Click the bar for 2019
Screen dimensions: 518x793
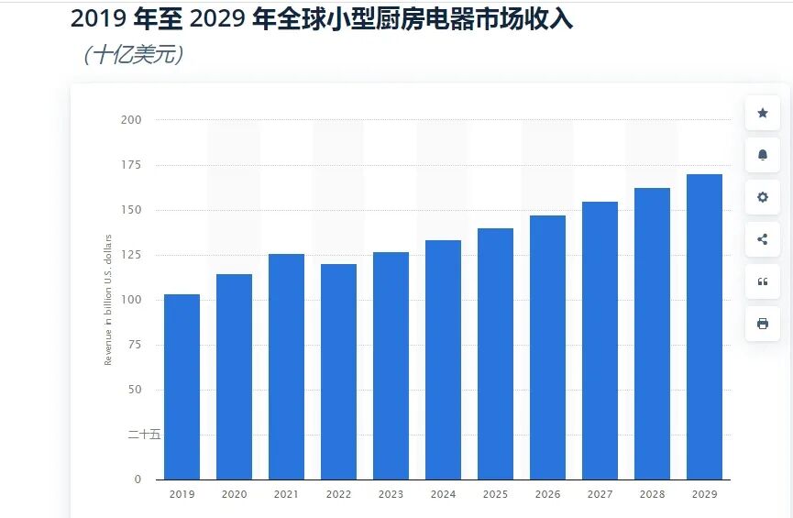tap(182, 386)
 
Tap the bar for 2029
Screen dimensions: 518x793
tap(704, 326)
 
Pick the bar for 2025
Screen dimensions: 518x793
tap(495, 353)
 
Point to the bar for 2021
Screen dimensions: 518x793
tap(286, 367)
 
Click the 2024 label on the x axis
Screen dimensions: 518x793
tap(443, 494)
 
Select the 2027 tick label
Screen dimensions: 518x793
tap(600, 494)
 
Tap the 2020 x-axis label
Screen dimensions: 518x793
tap(234, 494)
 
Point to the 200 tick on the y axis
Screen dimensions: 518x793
tap(131, 120)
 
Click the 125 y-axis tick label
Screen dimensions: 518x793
tap(131, 255)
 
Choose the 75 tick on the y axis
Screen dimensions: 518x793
tap(134, 345)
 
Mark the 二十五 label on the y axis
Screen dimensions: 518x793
tap(144, 435)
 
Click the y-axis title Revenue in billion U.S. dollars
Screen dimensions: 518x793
tap(108, 300)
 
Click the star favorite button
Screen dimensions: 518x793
tap(762, 113)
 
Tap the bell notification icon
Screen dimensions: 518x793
tap(762, 155)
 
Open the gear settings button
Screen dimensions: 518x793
tap(762, 197)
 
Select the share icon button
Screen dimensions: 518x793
tap(762, 239)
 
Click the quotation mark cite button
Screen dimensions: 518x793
tap(762, 281)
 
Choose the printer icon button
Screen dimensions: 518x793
tap(762, 324)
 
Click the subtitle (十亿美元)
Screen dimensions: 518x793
tap(134, 55)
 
